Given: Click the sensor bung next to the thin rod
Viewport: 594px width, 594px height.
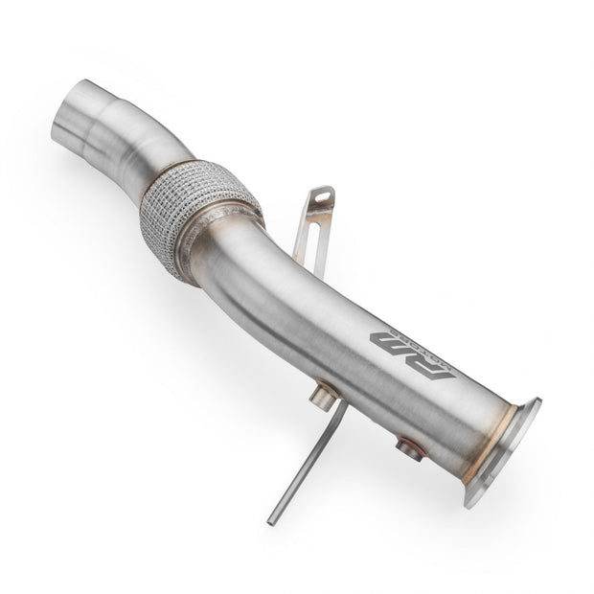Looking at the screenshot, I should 325,395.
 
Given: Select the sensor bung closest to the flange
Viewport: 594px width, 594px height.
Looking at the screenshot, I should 410,446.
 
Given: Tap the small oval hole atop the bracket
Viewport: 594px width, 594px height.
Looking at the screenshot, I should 322,196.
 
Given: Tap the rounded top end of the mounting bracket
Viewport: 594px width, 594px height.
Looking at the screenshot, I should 324,190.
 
